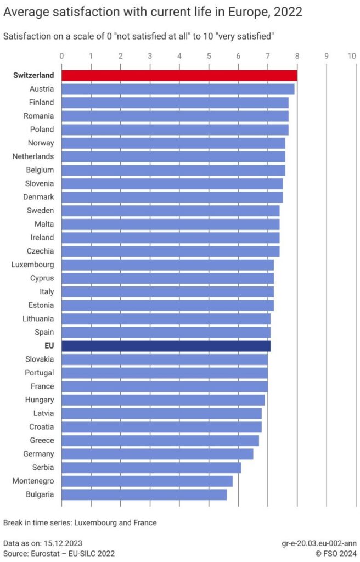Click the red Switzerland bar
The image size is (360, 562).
click(x=179, y=75)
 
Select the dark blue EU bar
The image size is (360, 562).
click(x=166, y=346)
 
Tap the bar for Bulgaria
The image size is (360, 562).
click(x=144, y=494)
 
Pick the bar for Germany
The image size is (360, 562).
click(x=157, y=454)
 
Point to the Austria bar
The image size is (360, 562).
click(x=178, y=89)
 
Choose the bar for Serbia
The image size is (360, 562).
click(x=151, y=468)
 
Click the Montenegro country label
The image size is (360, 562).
click(x=33, y=481)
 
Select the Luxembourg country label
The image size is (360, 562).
click(x=32, y=265)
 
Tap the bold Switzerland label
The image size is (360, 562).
click(x=33, y=75)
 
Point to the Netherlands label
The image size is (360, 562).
click(x=33, y=156)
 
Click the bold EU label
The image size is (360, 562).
click(x=49, y=346)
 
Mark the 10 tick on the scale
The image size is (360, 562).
click(x=352, y=56)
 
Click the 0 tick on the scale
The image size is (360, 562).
click(x=61, y=56)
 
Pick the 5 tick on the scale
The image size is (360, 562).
click(x=209, y=56)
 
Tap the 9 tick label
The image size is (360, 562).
click(x=327, y=56)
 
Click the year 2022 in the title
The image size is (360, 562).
click(x=288, y=12)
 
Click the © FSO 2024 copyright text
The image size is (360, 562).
click(x=336, y=554)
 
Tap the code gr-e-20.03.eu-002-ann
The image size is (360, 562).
click(x=319, y=544)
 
